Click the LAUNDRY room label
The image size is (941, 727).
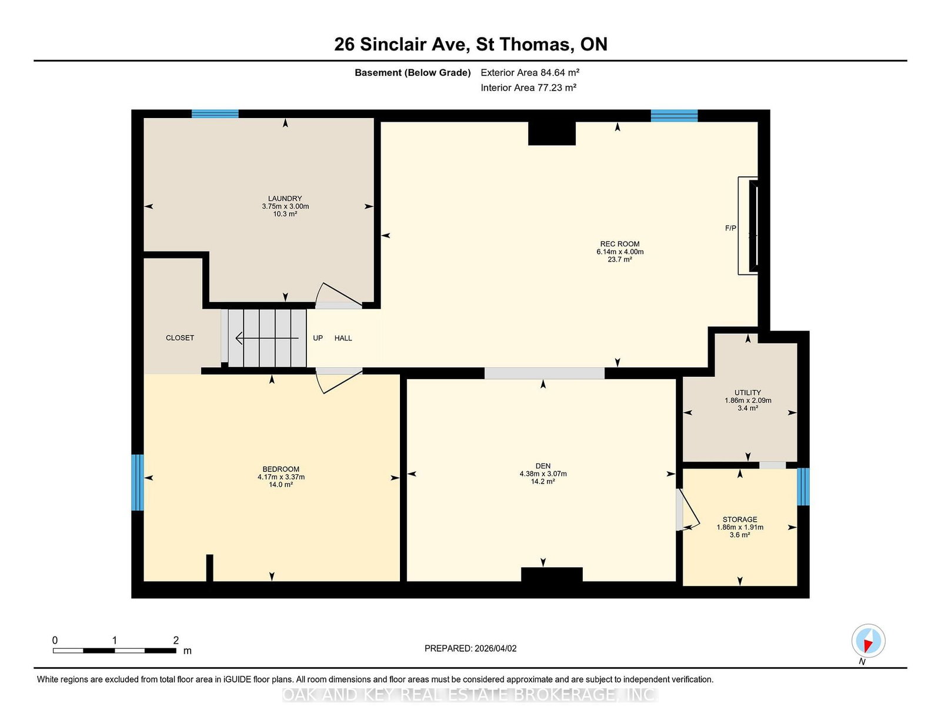[x=285, y=199]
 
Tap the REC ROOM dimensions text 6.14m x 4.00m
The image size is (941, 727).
[x=620, y=252]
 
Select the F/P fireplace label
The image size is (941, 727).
[x=730, y=228]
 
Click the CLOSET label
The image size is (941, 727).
[x=180, y=338]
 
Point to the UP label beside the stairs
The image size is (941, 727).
[x=318, y=338]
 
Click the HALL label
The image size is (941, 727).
[x=343, y=338]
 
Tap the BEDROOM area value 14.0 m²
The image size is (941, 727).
[x=281, y=485]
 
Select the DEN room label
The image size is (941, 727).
[x=543, y=466]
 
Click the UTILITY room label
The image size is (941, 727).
[x=748, y=393]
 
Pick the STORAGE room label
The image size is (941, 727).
[x=740, y=520]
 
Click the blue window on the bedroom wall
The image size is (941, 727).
[x=137, y=482]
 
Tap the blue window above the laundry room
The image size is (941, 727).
[x=215, y=114]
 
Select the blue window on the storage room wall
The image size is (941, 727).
[x=803, y=487]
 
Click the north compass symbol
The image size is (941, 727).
[x=868, y=641]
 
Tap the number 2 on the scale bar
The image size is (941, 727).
[x=176, y=640]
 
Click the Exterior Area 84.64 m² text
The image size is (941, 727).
[x=530, y=73]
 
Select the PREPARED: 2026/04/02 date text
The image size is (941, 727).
[x=470, y=648]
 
